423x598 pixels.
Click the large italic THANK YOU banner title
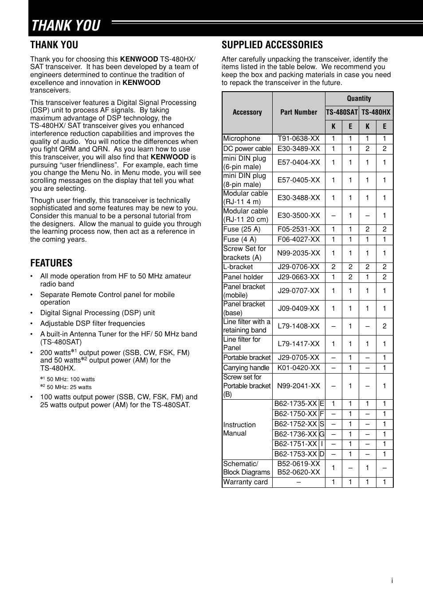point(66,26)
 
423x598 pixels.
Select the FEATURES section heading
point(51,263)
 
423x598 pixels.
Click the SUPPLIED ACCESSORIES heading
point(272,45)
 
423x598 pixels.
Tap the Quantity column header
point(359,98)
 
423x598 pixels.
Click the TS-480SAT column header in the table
point(342,112)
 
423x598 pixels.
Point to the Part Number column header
point(298,112)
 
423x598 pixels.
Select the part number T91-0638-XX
point(298,139)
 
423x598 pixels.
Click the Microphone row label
point(242,139)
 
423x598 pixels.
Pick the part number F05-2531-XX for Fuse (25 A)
point(298,229)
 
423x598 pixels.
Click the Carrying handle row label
point(246,368)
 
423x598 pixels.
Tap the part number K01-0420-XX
point(298,368)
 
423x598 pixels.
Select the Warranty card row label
point(245,482)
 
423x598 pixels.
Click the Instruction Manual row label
point(239,429)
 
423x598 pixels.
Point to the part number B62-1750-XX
point(295,414)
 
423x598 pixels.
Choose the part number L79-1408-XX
point(298,326)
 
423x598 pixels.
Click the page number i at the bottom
point(392,581)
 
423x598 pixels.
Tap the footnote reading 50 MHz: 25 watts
point(69,387)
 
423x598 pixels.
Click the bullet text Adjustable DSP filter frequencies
point(92,324)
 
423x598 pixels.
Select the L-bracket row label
point(238,267)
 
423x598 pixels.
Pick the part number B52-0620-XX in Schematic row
point(298,472)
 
